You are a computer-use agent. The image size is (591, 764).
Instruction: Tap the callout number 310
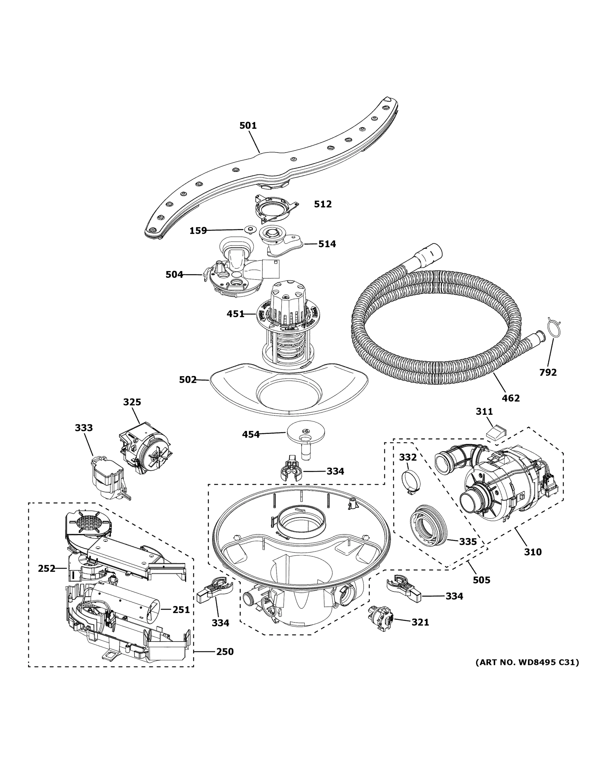pos(533,552)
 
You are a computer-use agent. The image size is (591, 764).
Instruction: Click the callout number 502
pos(188,379)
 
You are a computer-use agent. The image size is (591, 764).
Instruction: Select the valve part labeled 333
pos(107,480)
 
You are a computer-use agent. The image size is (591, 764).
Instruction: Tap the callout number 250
pos(225,651)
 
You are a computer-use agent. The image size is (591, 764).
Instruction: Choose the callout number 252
pos(47,569)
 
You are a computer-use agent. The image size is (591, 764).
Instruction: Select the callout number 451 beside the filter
pos(235,314)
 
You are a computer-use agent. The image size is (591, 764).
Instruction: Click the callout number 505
pos(481,580)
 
